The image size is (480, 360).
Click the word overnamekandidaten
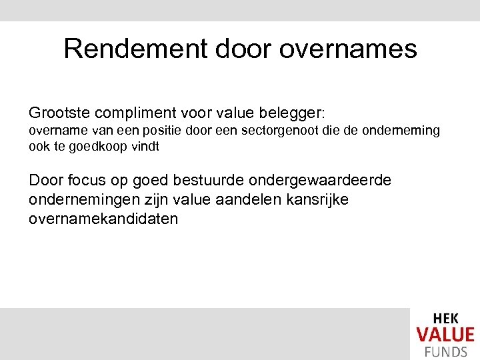click(103, 218)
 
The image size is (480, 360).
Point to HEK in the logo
click(445, 319)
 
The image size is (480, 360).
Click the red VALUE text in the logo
click(445, 335)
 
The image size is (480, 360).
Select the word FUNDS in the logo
click(445, 351)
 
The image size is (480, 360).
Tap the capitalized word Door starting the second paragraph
click(45, 181)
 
